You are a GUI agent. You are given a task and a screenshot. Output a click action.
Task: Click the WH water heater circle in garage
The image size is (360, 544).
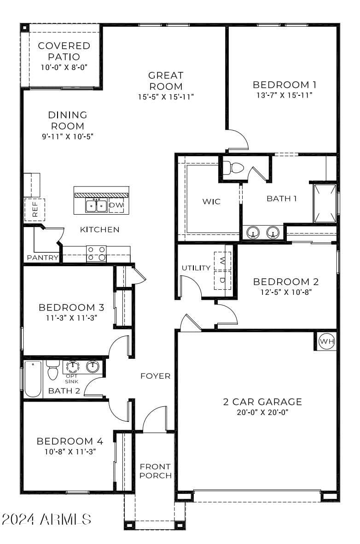point(327,341)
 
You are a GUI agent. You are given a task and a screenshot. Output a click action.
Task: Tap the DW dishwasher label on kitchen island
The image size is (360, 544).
point(116,205)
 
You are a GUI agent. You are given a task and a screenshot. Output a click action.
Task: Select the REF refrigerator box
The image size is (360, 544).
point(35,210)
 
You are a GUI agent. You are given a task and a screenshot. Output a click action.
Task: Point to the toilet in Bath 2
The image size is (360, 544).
point(53,370)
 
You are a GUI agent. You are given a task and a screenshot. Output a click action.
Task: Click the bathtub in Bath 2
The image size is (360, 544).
point(33,379)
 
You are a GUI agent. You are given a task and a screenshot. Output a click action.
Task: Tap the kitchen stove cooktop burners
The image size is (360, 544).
point(96,253)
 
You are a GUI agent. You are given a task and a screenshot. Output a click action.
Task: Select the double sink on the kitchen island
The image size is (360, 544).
point(96,206)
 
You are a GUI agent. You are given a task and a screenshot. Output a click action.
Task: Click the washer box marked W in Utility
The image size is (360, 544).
point(223,261)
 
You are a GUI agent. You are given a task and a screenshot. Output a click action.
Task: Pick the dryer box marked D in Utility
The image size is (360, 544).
point(223,280)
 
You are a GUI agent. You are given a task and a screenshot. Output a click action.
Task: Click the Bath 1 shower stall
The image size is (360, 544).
point(325,203)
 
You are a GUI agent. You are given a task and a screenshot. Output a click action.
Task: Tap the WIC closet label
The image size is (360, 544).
point(211,202)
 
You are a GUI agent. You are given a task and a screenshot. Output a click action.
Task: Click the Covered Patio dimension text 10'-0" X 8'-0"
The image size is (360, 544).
point(64,67)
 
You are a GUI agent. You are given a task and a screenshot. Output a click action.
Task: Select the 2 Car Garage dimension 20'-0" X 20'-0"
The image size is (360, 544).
point(262,413)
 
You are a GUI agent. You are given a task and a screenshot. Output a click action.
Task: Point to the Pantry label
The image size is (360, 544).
point(42,258)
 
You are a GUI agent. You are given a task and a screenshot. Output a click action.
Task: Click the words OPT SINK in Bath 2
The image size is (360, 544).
point(72,379)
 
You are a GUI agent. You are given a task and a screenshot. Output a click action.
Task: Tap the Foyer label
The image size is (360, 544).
point(156,376)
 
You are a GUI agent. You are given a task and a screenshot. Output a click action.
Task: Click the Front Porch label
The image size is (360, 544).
point(156,471)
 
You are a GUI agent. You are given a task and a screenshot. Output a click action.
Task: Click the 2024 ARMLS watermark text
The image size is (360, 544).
point(46,520)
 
